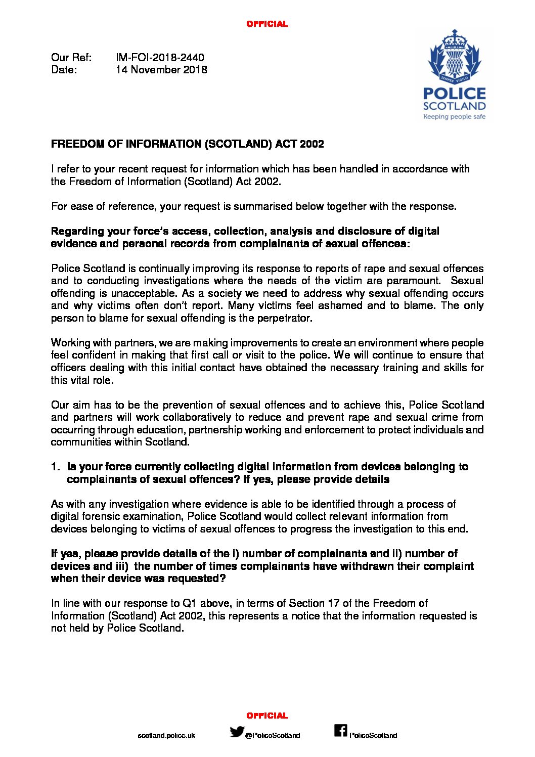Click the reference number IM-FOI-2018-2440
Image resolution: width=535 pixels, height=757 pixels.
pos(160,58)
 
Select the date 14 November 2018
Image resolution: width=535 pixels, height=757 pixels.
pos(161,70)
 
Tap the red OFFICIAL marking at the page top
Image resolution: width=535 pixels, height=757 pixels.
pos(267,24)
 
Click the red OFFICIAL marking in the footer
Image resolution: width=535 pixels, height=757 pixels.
pos(267,716)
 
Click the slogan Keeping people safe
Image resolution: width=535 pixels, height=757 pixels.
pos(454,117)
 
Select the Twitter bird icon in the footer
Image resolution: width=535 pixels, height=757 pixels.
pos(237,732)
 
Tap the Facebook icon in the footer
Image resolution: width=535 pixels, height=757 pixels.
pos(340,731)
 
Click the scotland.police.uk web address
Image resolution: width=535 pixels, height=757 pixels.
pos(166,735)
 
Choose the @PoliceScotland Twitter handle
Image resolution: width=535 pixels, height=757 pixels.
pos(273,735)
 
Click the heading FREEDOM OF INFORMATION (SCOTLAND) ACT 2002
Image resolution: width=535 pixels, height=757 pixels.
pos(187,144)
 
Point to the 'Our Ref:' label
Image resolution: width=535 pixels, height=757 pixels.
pos(71,58)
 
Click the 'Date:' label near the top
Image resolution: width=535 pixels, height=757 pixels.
pos(64,70)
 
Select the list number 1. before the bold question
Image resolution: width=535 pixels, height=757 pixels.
pos(56,467)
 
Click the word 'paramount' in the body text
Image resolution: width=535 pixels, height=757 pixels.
pos(414,281)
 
